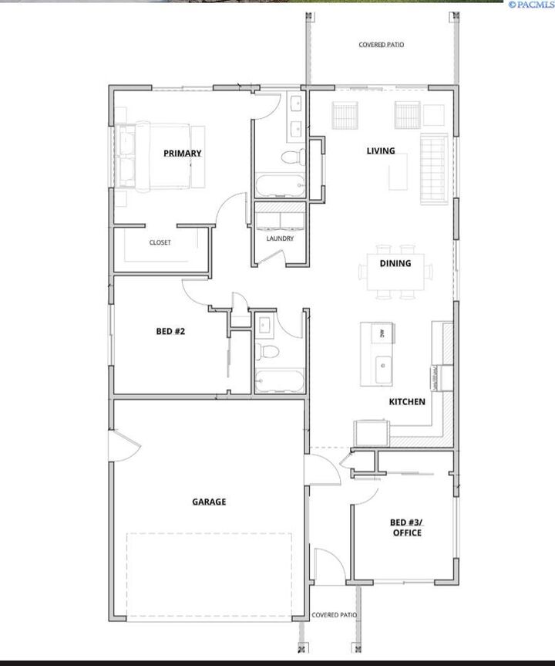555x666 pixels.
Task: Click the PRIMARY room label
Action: click(x=182, y=153)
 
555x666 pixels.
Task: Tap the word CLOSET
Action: click(x=160, y=242)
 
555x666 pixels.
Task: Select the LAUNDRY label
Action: click(x=280, y=238)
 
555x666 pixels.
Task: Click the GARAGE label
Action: click(x=209, y=502)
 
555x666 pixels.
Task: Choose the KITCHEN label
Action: click(x=406, y=401)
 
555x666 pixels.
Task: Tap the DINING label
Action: click(x=395, y=263)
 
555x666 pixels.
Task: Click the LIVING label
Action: click(x=381, y=150)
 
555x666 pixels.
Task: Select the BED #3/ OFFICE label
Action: click(x=406, y=528)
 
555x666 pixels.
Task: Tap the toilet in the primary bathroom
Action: click(x=291, y=158)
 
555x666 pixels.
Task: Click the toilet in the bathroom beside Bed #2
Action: click(x=269, y=352)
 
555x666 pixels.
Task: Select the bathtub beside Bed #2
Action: click(x=279, y=381)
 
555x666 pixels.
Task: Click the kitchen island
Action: click(x=377, y=353)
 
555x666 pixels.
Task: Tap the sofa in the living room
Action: click(x=434, y=168)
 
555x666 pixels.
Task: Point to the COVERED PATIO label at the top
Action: click(x=381, y=45)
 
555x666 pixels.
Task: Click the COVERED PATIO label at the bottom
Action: click(x=334, y=615)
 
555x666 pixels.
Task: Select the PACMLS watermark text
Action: click(x=530, y=5)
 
